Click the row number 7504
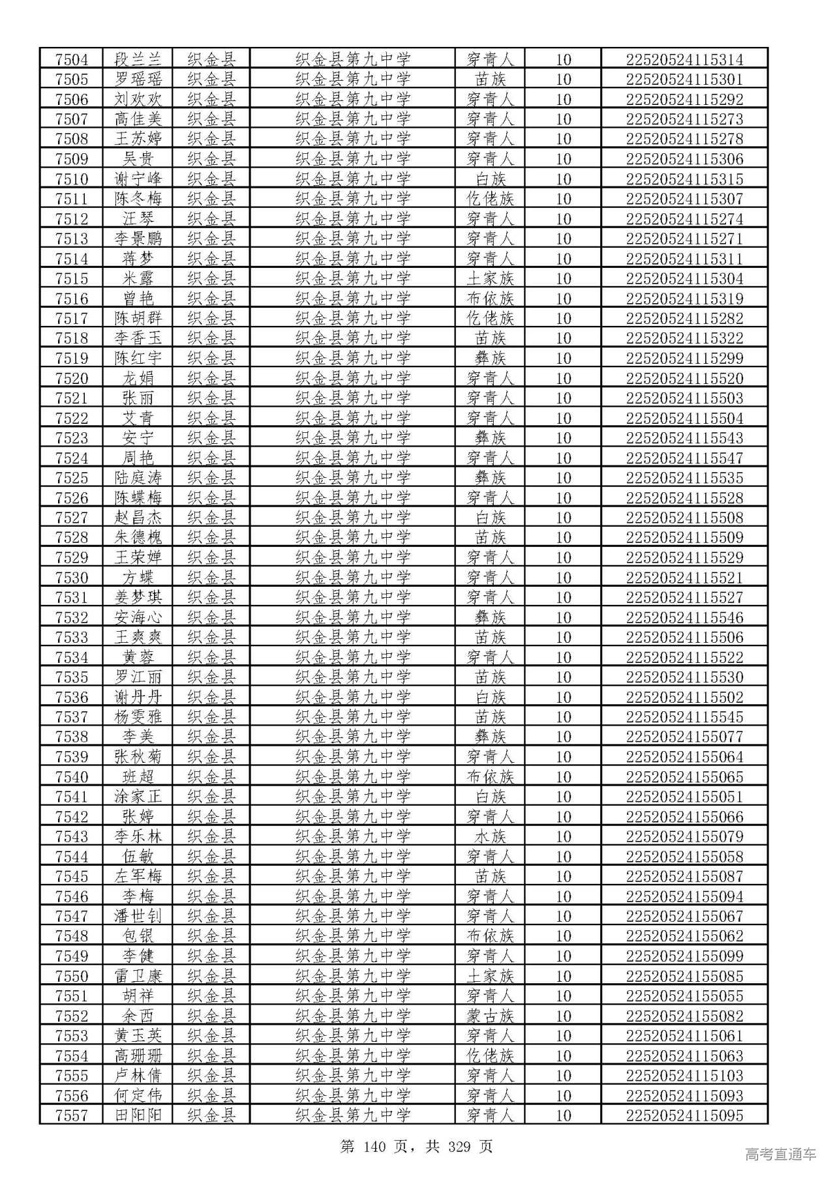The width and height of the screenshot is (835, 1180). [x=71, y=59]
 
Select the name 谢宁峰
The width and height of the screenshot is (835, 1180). [x=138, y=179]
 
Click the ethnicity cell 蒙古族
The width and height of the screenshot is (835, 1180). [x=490, y=1016]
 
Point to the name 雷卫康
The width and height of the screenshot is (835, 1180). [x=138, y=976]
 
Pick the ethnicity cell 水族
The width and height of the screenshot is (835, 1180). [x=490, y=836]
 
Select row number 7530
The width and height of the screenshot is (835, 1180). [x=71, y=578]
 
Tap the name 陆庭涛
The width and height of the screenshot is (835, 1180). [x=138, y=478]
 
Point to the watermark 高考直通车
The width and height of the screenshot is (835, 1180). [x=780, y=1155]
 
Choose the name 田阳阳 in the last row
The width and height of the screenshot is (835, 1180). [x=138, y=1115]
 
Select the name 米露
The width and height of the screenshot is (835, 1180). [x=138, y=278]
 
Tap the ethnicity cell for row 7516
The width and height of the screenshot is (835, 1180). [x=490, y=299]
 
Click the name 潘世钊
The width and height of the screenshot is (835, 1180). [x=138, y=916]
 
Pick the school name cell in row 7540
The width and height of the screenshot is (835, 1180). [x=352, y=776]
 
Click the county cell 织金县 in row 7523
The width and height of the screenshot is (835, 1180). [x=211, y=438]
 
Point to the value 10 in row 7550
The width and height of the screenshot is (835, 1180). [x=562, y=976]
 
